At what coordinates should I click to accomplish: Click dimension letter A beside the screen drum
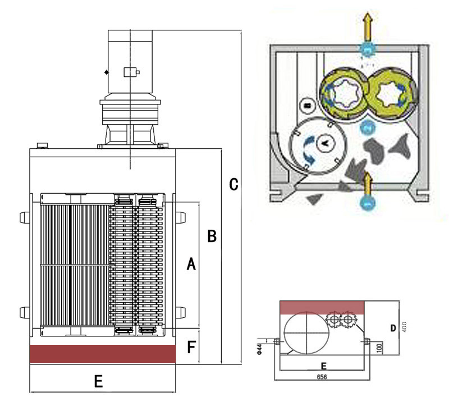191,263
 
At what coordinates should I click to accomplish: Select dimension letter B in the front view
212,236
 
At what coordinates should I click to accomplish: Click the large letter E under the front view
98,382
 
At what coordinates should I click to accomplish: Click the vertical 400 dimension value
403,327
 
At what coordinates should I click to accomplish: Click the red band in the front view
103,353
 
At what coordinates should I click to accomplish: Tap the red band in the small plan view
323,307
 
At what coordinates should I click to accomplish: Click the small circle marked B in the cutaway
307,104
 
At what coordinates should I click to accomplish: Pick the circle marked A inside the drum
324,143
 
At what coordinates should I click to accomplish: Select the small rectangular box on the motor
131,72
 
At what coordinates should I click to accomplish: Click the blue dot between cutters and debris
367,127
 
